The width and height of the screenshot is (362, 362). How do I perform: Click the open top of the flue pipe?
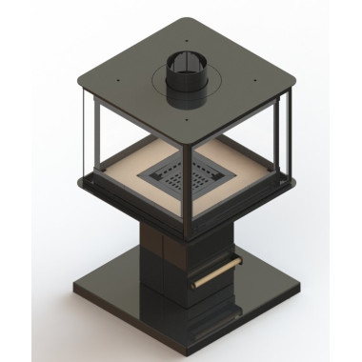point(181,65)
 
